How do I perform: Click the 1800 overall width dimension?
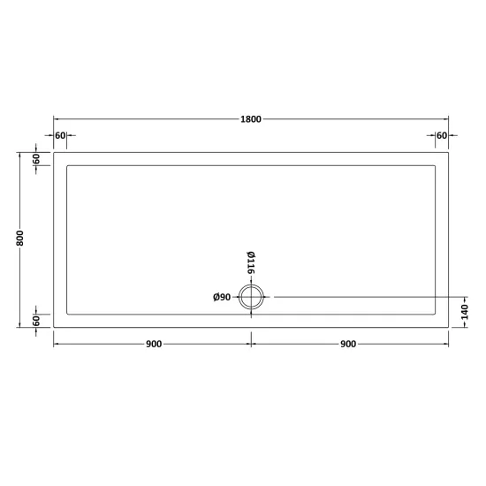click(251, 119)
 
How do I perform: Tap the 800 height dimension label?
click(19, 238)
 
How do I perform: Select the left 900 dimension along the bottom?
click(154, 344)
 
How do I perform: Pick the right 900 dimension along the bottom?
click(348, 344)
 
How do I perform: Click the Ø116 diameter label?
click(251, 262)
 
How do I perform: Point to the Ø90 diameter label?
click(222, 297)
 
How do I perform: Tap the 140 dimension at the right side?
click(464, 312)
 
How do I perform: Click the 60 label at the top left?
click(60, 135)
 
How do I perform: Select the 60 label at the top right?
click(442, 135)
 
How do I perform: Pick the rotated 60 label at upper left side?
click(36, 159)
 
